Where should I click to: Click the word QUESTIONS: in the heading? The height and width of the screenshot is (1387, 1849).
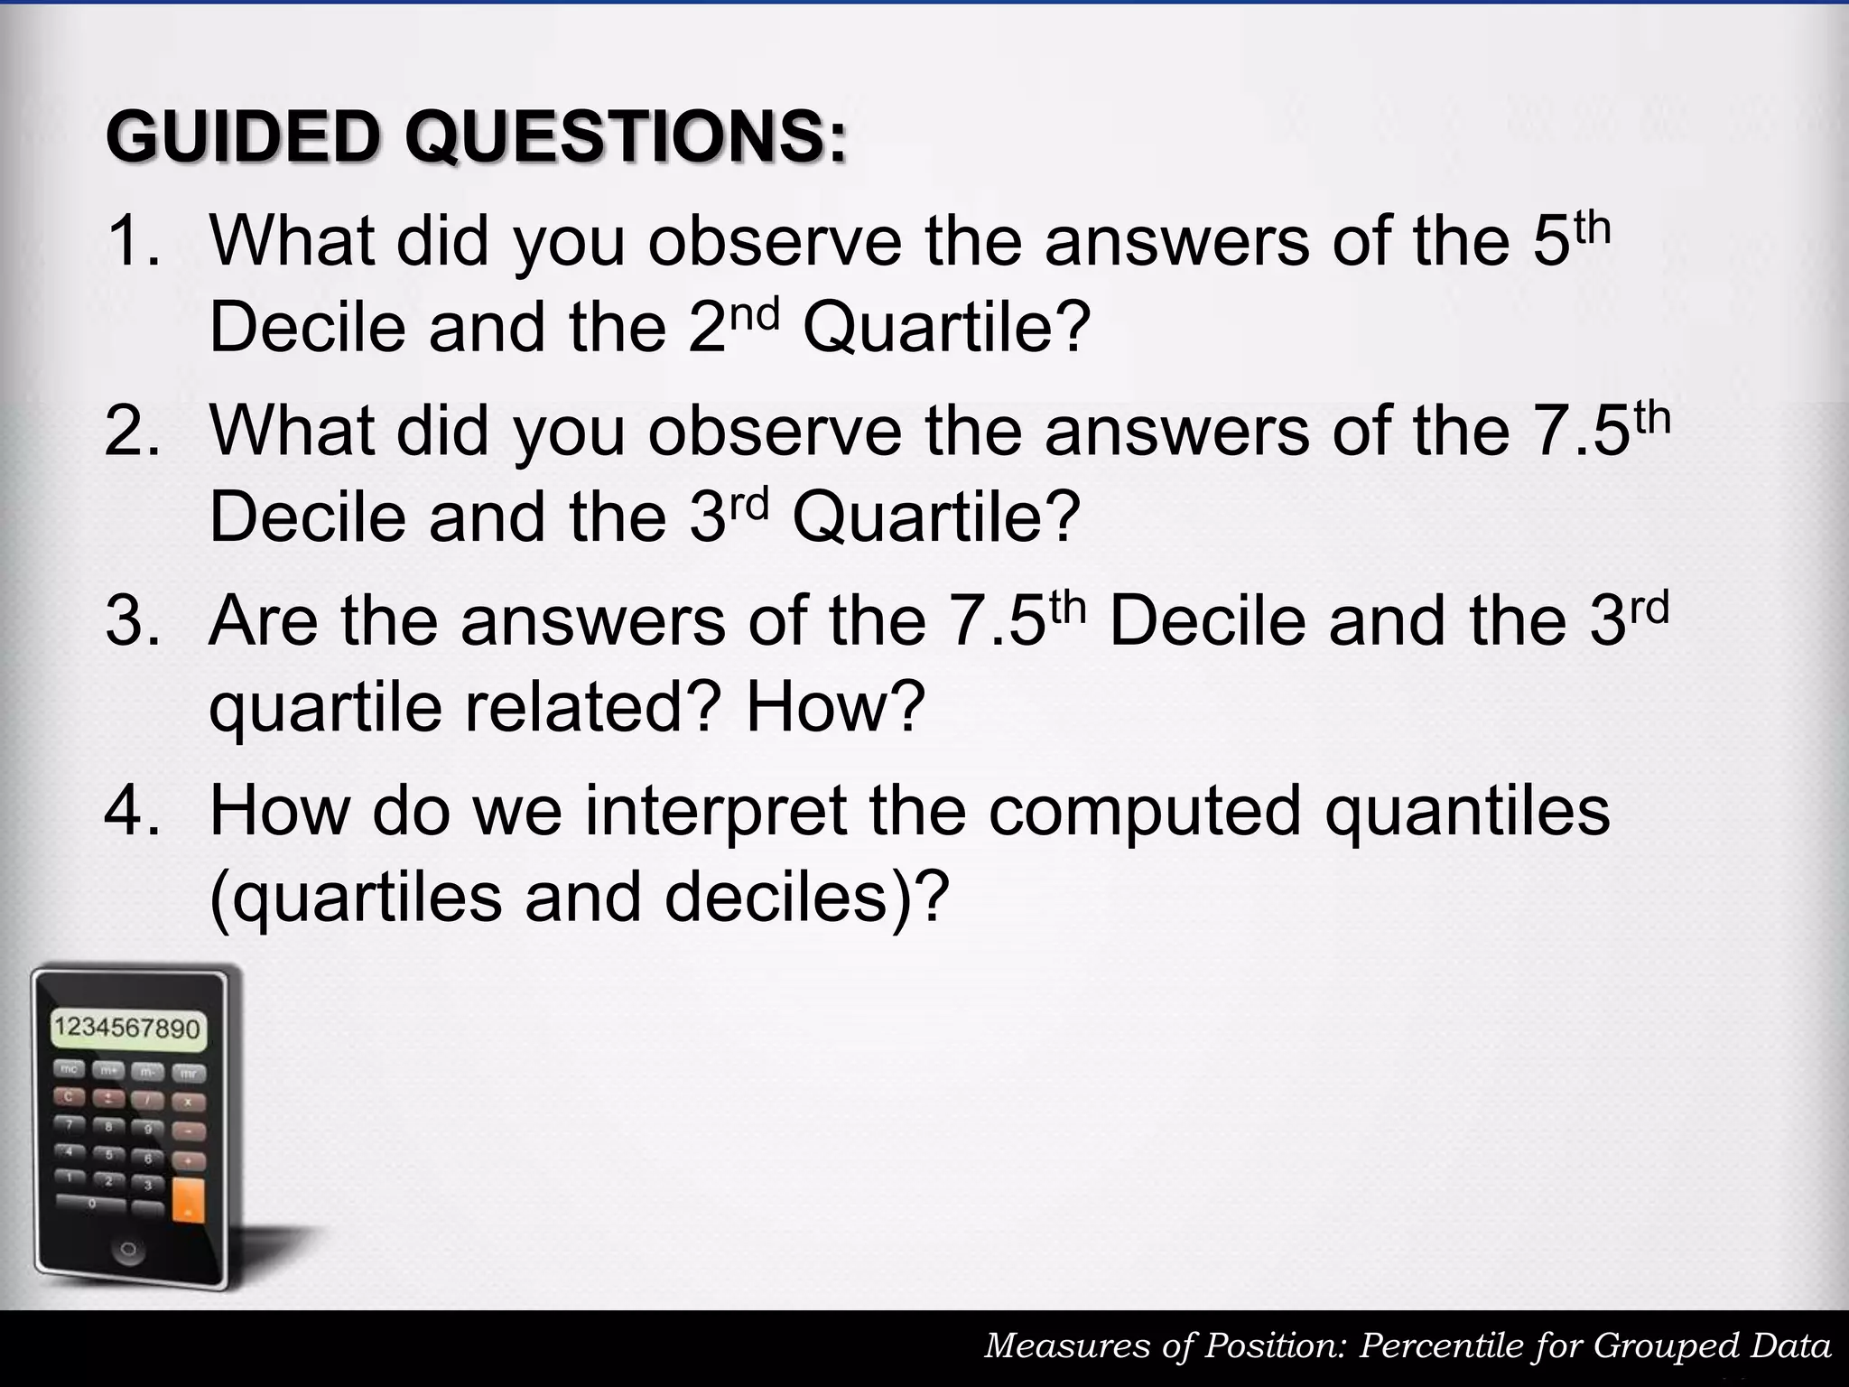pos(626,136)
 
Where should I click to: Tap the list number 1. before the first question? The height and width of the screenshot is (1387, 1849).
pos(133,241)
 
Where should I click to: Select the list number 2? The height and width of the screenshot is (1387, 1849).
pos(133,431)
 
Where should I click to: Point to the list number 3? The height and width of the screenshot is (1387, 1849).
pos(133,621)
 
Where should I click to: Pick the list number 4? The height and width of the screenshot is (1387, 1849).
pos(133,811)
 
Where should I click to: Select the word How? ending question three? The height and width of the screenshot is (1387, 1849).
pos(836,707)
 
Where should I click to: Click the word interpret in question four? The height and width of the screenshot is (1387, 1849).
pos(714,811)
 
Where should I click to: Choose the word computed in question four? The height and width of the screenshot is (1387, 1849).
pos(1145,811)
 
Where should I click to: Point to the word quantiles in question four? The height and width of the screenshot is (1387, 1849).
pos(1467,811)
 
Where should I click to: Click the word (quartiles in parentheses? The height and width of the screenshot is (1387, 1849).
pos(355,897)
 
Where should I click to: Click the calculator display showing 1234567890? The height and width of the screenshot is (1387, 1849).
pos(126,1029)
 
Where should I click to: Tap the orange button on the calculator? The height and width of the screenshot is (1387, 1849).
pos(188,1197)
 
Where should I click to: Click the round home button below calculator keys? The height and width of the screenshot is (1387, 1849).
pos(127,1252)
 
